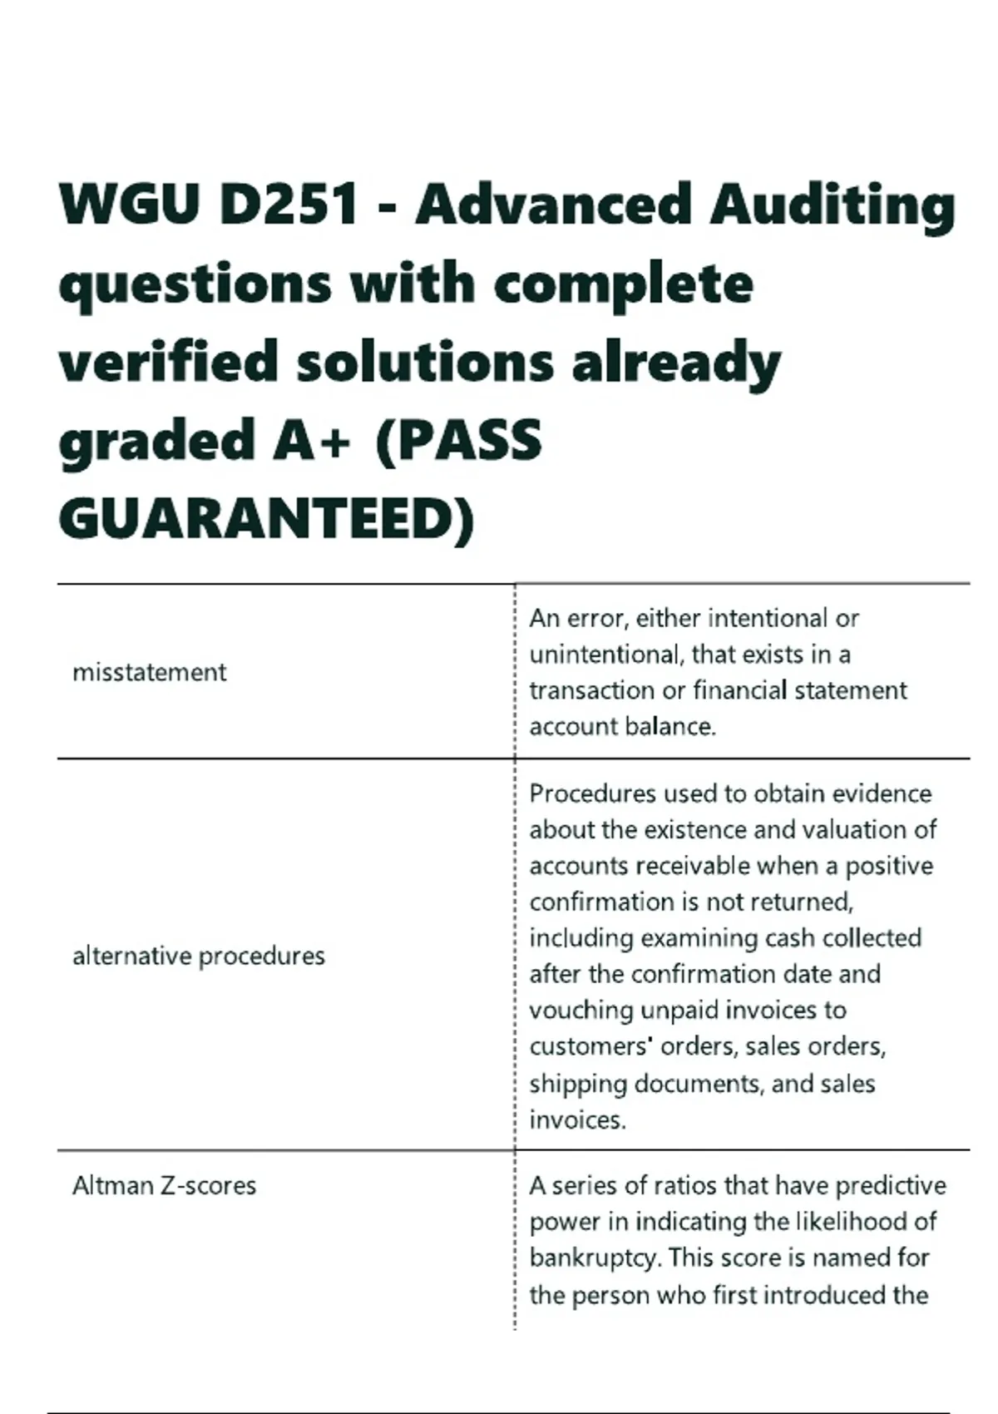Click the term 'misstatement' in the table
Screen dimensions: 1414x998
click(x=149, y=672)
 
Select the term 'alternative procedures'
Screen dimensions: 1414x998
click(x=198, y=956)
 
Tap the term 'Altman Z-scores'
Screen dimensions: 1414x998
click(x=164, y=1185)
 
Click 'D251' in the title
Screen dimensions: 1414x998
click(x=290, y=205)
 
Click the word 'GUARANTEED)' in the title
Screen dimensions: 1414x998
click(x=266, y=519)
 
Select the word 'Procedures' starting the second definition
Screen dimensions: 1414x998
click(x=592, y=794)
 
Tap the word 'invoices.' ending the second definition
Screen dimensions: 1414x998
click(x=577, y=1120)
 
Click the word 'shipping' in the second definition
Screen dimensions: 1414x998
click(x=578, y=1084)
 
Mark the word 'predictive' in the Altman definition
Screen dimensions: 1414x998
click(x=890, y=1185)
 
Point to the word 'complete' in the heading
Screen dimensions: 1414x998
click(x=623, y=284)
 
